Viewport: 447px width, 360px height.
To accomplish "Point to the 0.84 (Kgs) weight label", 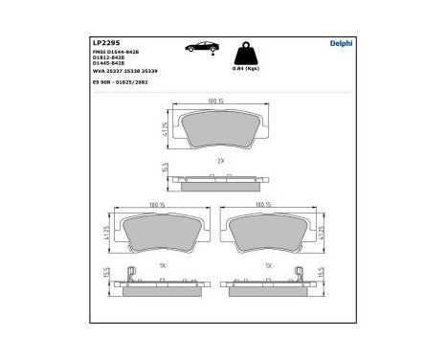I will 246,69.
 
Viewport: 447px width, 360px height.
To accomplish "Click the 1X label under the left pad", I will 164,264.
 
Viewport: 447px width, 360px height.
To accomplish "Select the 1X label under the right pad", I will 268,264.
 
